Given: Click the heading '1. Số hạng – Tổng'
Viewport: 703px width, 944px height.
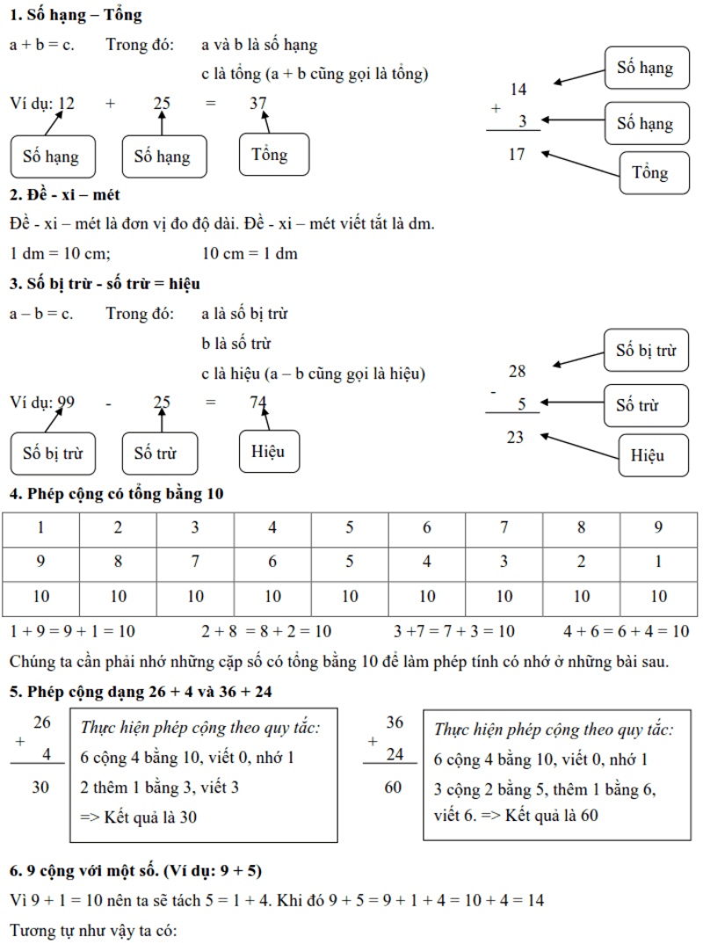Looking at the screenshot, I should click(76, 15).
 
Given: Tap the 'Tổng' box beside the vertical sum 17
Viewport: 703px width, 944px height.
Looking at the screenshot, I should click(649, 172).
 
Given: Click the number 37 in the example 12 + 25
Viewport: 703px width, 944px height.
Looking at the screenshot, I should click(257, 104).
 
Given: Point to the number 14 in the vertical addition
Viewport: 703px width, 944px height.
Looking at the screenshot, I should click(518, 89).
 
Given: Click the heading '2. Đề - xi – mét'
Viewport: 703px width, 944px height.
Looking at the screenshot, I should click(65, 194).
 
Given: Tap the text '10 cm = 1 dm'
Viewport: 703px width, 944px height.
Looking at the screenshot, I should click(250, 254).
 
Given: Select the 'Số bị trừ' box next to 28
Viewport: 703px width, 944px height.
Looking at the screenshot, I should click(645, 351).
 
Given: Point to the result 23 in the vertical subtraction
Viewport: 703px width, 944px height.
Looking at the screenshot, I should click(516, 437).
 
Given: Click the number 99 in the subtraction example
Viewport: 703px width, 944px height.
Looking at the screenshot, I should click(65, 403).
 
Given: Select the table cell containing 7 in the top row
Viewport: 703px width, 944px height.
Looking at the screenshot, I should click(504, 528).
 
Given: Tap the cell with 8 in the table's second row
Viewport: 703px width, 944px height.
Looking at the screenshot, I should click(119, 563).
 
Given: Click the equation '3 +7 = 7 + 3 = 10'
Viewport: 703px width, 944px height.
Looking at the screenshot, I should click(455, 631).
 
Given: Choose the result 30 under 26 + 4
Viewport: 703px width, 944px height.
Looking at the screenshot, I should click(41, 787).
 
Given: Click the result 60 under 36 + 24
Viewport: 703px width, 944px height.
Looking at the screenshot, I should click(394, 787).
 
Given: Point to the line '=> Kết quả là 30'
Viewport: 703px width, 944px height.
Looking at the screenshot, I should click(139, 817).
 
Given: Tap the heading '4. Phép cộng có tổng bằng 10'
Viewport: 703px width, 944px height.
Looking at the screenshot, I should click(117, 494).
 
